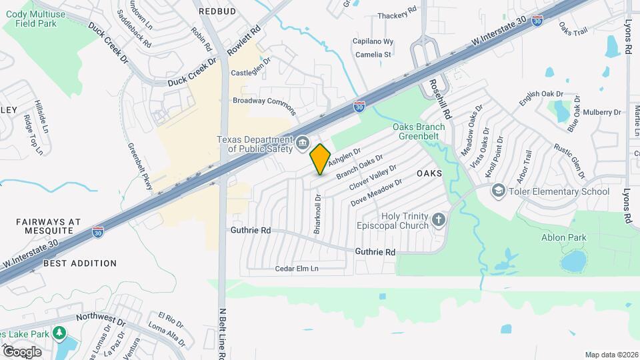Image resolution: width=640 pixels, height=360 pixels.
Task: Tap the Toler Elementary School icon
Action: (497, 191)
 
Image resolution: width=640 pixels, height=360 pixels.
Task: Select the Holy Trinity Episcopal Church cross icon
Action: (438, 220)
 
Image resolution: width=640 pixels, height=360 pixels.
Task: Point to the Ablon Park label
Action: (563, 237)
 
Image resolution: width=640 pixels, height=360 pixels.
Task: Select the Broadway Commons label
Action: (263, 101)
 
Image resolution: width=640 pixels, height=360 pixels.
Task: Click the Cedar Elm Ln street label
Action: (297, 269)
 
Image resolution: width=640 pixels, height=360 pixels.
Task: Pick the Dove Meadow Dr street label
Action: (377, 191)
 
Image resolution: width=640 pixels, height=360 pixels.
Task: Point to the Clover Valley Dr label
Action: (373, 177)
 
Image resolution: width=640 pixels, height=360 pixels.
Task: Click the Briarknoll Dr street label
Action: (317, 213)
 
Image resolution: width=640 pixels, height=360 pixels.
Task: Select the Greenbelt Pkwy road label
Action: (140, 166)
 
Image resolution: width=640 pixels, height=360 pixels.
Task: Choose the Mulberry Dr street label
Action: (602, 112)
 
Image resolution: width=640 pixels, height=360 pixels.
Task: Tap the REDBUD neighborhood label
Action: (216, 11)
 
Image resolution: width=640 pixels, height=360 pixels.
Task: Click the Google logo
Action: (22, 351)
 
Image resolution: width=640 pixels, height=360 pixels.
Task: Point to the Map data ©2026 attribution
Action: (611, 355)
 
